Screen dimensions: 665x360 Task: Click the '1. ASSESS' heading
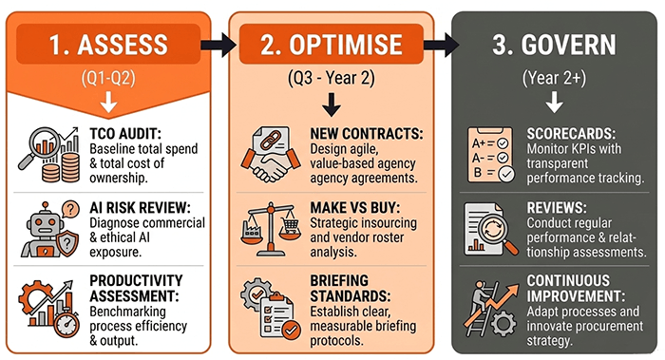pos(108,45)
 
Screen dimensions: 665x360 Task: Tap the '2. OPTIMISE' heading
pos(332,45)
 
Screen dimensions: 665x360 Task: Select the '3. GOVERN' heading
pos(554,45)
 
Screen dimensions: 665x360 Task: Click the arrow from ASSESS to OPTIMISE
pos(218,45)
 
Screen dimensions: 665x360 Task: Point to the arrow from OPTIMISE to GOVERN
pos(441,45)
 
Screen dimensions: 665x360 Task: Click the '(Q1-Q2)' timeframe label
pos(108,78)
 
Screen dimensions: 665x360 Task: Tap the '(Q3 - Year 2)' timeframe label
pos(332,78)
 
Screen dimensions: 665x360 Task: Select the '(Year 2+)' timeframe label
pos(554,78)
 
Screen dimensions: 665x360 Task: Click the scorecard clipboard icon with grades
pos(491,155)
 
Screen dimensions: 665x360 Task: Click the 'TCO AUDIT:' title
pos(125,134)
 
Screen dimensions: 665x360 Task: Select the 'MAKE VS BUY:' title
pos(356,208)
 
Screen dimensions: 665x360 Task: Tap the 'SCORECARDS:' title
pos(571,134)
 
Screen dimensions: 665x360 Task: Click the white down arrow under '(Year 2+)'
pos(554,102)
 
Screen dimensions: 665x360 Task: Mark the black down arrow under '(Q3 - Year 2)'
pos(332,104)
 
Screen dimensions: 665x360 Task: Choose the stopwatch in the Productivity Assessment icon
pos(67,325)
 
